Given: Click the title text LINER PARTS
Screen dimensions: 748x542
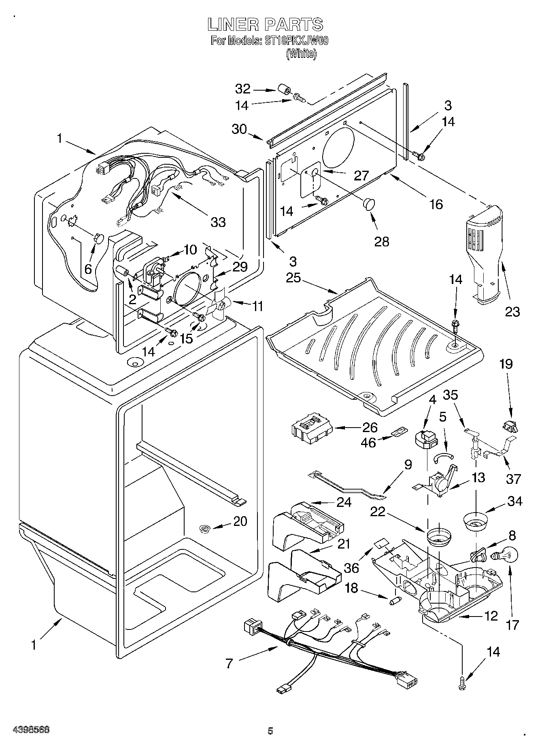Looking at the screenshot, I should click(x=265, y=25).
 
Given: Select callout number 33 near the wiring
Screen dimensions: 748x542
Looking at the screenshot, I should click(x=218, y=222).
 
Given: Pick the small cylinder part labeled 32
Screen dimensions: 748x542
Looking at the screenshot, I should click(x=285, y=90).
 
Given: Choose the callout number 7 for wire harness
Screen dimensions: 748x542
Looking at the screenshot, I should click(x=230, y=663).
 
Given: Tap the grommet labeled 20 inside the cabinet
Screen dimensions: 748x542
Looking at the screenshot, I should click(x=205, y=528).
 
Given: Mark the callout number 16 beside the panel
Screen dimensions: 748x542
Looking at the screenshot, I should click(x=436, y=204).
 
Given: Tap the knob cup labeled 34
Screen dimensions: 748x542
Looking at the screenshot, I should click(x=475, y=521).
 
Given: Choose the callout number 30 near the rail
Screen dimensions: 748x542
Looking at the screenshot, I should click(x=239, y=129).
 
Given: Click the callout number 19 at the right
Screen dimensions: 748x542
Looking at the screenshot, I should click(x=506, y=364).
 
